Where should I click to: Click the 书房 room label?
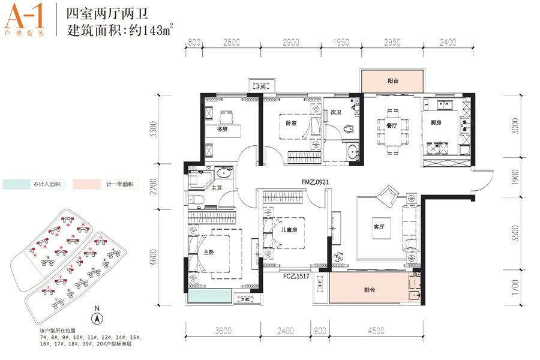click(213, 129)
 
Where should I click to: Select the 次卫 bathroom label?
click(335, 112)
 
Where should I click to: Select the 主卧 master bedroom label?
click(208, 253)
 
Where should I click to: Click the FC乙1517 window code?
click(298, 276)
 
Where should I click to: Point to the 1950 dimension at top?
click(340, 43)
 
